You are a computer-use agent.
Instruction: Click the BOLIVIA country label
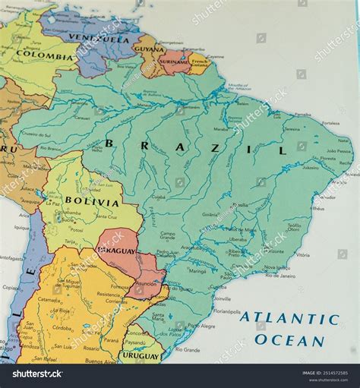(x=92, y=202)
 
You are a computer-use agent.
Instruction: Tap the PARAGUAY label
(x=117, y=251)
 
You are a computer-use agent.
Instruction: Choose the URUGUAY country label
(x=141, y=355)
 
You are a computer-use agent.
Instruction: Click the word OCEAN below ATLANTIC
(x=289, y=340)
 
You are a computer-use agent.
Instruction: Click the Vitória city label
(x=302, y=255)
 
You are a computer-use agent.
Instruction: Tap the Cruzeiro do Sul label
(x=36, y=135)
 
